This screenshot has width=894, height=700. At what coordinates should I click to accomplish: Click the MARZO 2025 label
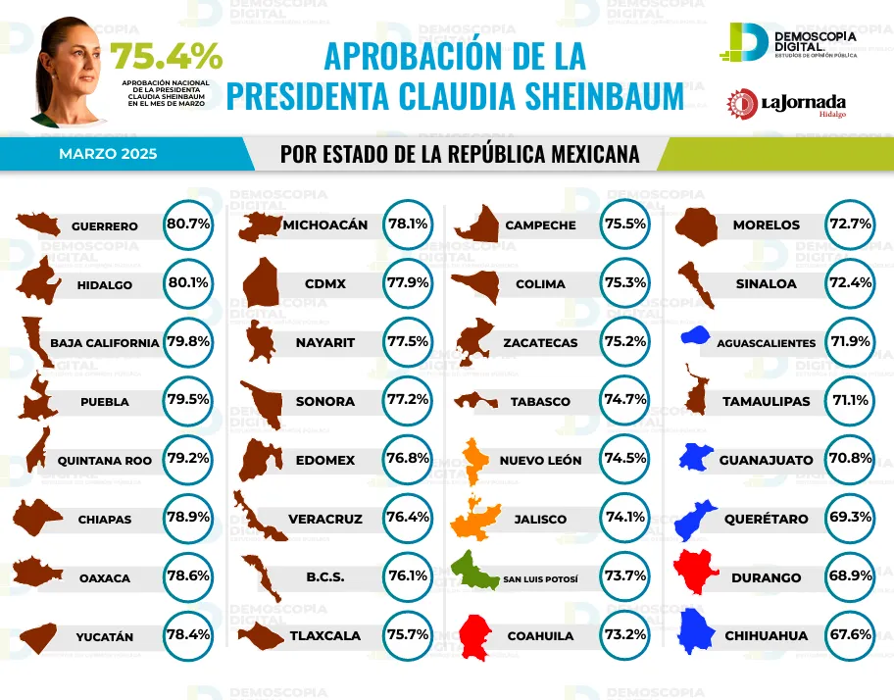click(107, 154)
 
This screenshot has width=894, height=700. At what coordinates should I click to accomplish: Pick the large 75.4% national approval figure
click(166, 57)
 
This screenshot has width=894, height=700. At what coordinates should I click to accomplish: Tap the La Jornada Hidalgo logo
click(786, 104)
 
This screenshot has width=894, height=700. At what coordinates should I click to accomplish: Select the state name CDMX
click(324, 284)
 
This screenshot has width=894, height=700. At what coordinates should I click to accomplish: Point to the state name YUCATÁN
click(104, 637)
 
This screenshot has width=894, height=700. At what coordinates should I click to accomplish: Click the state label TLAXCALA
click(324, 635)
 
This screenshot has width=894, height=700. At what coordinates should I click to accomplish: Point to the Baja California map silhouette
click(36, 341)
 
